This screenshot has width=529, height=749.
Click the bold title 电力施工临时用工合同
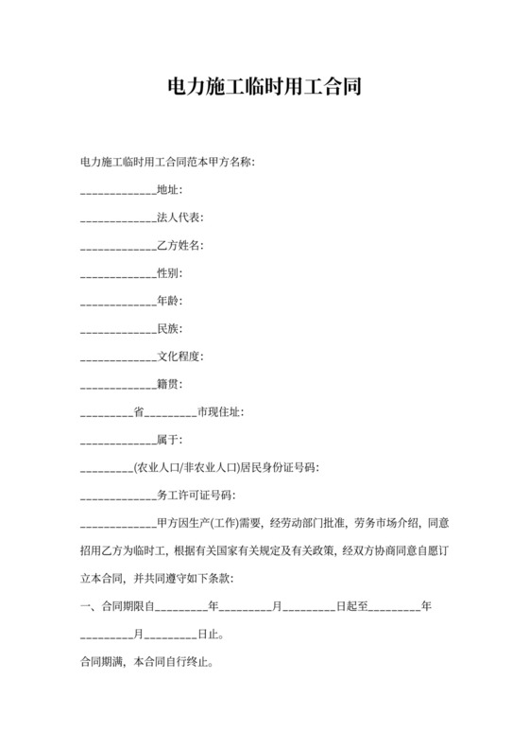pyautogui.click(x=264, y=88)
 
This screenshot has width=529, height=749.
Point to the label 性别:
pyautogui.click(x=169, y=273)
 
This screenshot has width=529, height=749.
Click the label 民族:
pyautogui.click(x=169, y=329)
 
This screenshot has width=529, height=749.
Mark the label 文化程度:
pyautogui.click(x=179, y=357)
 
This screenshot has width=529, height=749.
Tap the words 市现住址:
pyautogui.click(x=219, y=412)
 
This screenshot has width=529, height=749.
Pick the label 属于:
pyautogui.click(x=169, y=440)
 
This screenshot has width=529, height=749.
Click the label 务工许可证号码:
pyautogui.click(x=196, y=495)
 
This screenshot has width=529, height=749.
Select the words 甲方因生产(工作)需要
pyautogui.click(x=209, y=522)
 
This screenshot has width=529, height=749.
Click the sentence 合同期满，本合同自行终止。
pyautogui.click(x=145, y=661)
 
